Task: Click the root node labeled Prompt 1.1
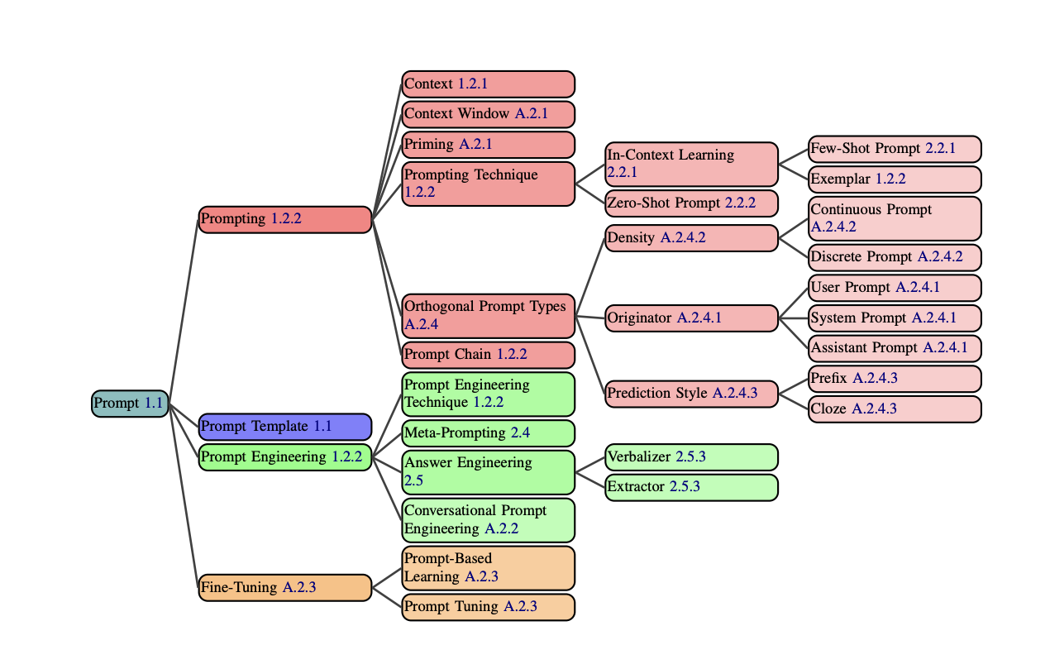point(130,404)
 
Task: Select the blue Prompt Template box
point(285,427)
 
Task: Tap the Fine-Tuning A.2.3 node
point(285,588)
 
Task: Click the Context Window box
point(488,114)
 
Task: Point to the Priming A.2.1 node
point(488,145)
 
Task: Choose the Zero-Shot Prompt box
point(691,203)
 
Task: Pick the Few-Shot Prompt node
point(895,149)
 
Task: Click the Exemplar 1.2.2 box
point(895,179)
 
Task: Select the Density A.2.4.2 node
point(691,238)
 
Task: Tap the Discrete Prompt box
point(895,257)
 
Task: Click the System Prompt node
point(895,318)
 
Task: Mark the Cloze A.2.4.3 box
point(895,409)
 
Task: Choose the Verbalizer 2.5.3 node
point(691,457)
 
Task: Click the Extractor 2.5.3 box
point(691,487)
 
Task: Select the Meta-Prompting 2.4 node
point(488,433)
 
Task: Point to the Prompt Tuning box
point(488,607)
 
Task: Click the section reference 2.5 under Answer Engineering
point(413,480)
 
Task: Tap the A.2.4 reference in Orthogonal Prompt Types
point(421,325)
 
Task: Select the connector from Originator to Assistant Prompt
point(794,333)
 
